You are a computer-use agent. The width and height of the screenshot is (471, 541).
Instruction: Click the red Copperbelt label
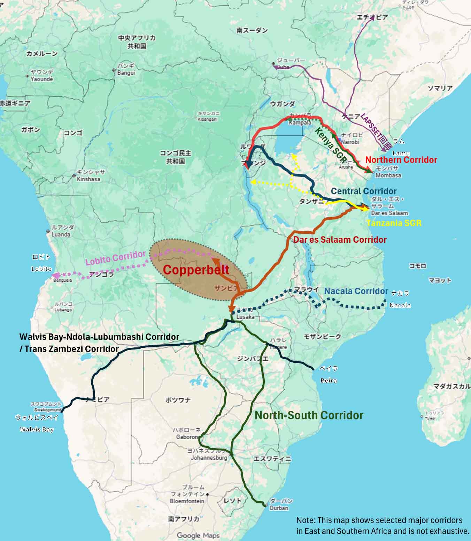point(196,270)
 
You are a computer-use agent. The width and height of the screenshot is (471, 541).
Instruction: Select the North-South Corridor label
point(309,415)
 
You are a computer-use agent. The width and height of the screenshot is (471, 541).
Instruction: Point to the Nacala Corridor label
point(356,291)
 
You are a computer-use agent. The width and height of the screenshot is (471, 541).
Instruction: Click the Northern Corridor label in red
point(401,160)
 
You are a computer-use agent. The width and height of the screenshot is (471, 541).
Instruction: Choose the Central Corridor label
point(364,191)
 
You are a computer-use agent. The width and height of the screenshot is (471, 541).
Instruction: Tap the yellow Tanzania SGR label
point(394,223)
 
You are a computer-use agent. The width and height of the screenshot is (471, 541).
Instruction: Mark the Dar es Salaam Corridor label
point(340,240)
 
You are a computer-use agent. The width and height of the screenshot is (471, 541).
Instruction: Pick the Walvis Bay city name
point(37,429)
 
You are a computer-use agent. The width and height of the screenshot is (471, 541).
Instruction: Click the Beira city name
point(329,380)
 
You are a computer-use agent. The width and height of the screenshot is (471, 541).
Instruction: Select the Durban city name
point(279,508)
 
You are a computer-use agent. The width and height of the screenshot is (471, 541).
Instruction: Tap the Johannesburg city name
point(209,458)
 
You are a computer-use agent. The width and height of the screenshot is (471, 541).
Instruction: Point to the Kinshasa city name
point(88,179)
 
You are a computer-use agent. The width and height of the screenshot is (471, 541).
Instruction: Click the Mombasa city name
point(388,175)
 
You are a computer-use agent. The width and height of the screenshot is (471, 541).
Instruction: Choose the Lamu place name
point(401,153)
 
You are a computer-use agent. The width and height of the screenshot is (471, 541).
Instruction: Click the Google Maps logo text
point(198,535)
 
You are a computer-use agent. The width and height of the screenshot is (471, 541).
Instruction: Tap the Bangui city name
point(126,73)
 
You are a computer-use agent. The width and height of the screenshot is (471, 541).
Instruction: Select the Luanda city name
point(61,234)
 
